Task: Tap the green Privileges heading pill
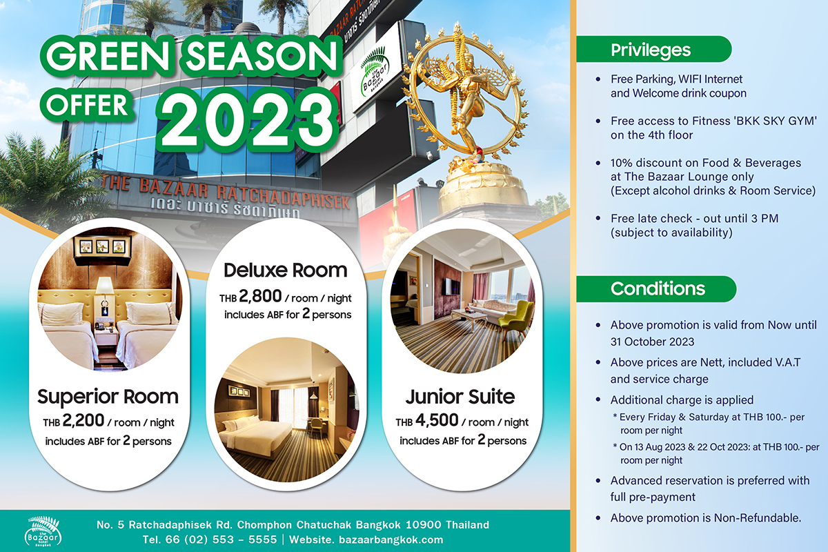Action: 653,50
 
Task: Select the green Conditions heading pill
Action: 656,288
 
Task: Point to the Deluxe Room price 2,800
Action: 260,297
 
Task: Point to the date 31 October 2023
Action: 652,342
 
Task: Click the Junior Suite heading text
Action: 461,397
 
